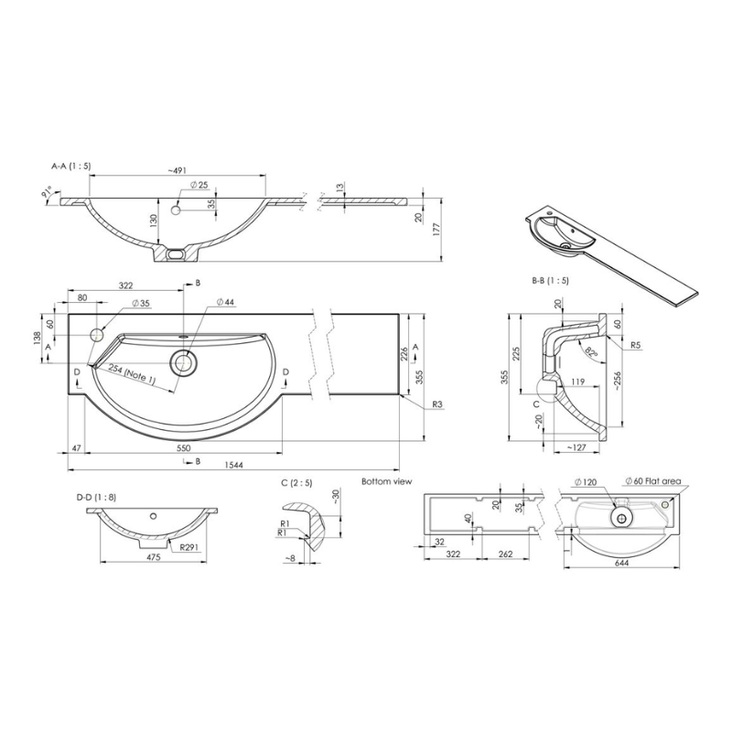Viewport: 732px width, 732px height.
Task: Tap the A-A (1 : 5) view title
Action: tap(71, 166)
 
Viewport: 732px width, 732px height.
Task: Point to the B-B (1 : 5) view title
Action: tap(549, 280)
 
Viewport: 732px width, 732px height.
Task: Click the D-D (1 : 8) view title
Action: tap(97, 497)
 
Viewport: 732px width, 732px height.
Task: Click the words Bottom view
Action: tap(387, 480)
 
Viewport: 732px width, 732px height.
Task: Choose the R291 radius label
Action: tap(190, 547)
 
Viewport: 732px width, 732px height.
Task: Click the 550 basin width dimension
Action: tap(183, 447)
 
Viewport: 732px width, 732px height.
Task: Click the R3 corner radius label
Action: tap(440, 404)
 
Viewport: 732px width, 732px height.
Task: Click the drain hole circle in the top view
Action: tap(186, 362)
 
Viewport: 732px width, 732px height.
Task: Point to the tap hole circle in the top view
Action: tap(99, 336)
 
